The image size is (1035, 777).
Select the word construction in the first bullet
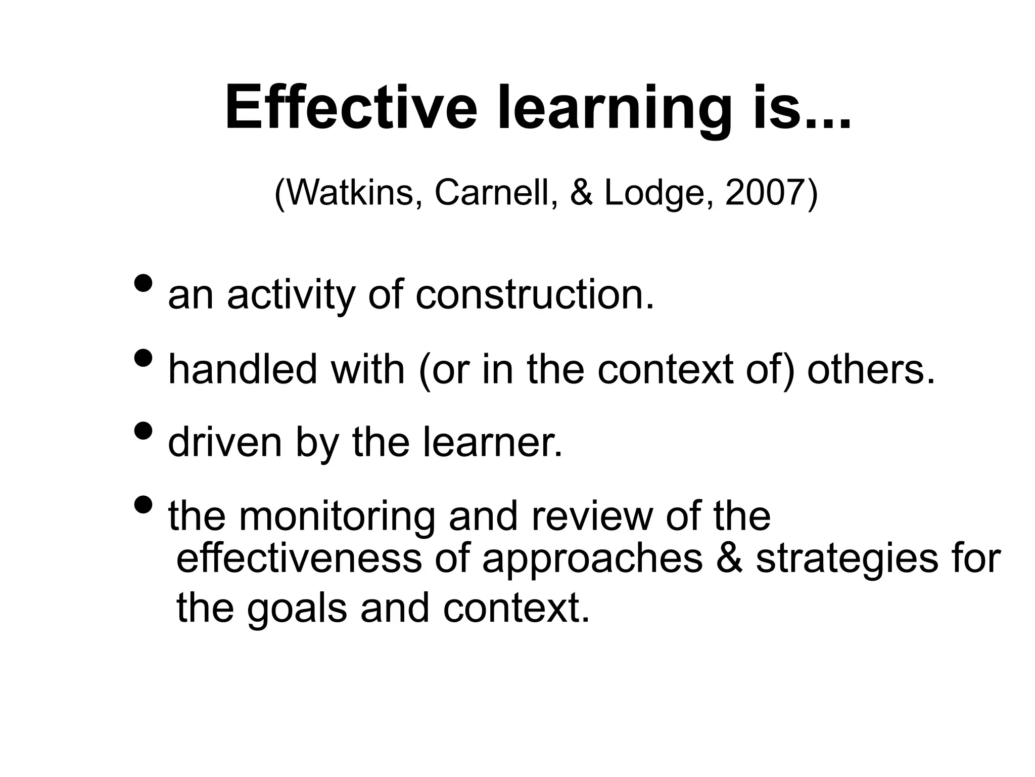(x=535, y=295)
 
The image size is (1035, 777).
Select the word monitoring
(x=337, y=517)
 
